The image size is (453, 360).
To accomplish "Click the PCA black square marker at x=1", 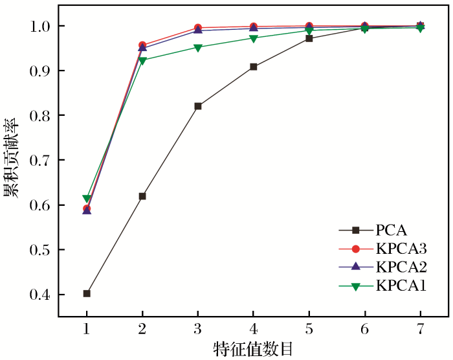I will (87, 293).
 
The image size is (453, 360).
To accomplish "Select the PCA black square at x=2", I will (142, 196).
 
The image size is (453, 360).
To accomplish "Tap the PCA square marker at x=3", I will (198, 106).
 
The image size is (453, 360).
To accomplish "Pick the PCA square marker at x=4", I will (254, 67).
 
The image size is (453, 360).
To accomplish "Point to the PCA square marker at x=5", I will (309, 39).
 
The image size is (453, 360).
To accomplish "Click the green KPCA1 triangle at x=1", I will (87, 199).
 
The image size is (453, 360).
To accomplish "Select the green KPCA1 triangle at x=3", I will (198, 48).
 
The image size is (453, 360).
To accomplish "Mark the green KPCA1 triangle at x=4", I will (254, 39).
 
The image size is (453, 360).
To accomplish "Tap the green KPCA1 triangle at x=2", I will (142, 61).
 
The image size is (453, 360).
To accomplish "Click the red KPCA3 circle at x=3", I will (198, 28).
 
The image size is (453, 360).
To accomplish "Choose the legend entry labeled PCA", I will (391, 229).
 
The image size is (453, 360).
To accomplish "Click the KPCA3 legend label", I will (401, 248).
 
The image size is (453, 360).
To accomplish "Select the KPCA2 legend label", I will (401, 267).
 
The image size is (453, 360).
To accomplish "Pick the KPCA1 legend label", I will (401, 286).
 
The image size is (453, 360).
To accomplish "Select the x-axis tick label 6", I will (364, 328).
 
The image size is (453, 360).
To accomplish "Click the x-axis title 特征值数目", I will (253, 349).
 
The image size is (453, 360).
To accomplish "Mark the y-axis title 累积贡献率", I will (11, 159).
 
